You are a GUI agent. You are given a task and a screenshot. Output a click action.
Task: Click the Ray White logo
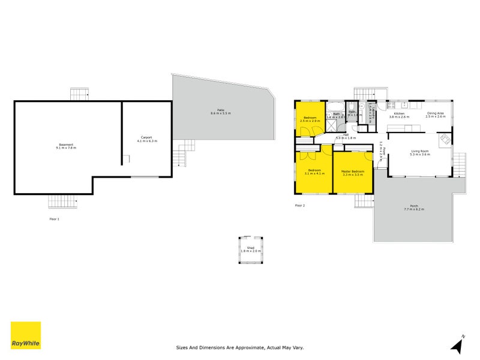(26, 335)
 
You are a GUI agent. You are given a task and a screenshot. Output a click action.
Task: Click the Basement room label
(67, 146)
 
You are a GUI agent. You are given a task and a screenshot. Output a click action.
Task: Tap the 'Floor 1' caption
(55, 219)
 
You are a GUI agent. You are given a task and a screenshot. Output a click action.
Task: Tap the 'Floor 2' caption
(300, 205)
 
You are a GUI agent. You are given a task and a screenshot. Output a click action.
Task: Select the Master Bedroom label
(353, 172)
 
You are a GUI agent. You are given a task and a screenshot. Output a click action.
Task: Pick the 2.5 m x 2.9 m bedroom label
(310, 121)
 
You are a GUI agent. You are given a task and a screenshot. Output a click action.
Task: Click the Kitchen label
(399, 115)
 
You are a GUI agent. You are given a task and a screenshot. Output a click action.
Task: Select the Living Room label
(419, 152)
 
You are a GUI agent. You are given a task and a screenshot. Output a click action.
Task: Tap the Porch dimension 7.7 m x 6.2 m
(414, 209)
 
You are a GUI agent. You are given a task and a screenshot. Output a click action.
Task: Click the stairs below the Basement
(63, 202)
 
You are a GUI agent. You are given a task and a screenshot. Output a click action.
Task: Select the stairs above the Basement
(79, 94)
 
